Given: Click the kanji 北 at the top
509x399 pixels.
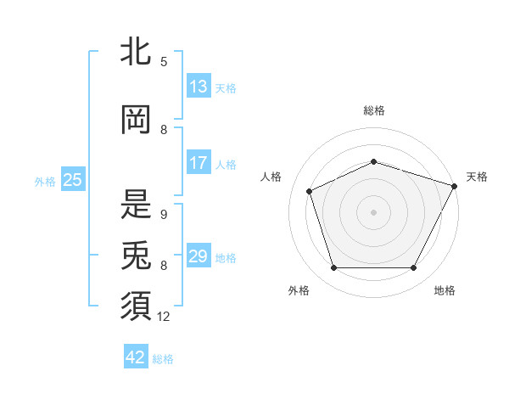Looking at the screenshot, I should pos(137,52).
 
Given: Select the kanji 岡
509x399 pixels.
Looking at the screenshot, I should pos(137,120).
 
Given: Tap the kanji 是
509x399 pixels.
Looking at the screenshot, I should pos(137,202).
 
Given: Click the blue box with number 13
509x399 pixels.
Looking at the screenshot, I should pos(199,87).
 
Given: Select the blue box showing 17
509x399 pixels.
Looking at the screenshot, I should pos(199,163).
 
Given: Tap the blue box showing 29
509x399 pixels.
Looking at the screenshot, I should pos(199,256).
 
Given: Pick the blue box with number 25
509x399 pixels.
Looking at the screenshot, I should pos(73,179).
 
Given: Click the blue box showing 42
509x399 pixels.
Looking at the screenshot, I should pos(136,357).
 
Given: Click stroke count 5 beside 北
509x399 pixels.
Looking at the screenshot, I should pos(164,61).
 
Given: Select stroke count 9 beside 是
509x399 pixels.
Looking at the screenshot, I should pos(164,215).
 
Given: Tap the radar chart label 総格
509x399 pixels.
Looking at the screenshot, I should pos(374,110).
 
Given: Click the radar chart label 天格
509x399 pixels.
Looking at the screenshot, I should pos(477,177).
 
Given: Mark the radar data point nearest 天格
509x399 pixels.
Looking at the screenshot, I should pos(456,185).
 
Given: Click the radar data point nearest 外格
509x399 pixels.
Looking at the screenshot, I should pos(333,268).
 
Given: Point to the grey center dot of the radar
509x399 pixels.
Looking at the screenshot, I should pos(374,211).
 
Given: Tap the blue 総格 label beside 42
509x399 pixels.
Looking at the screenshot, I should pos(163,359).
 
